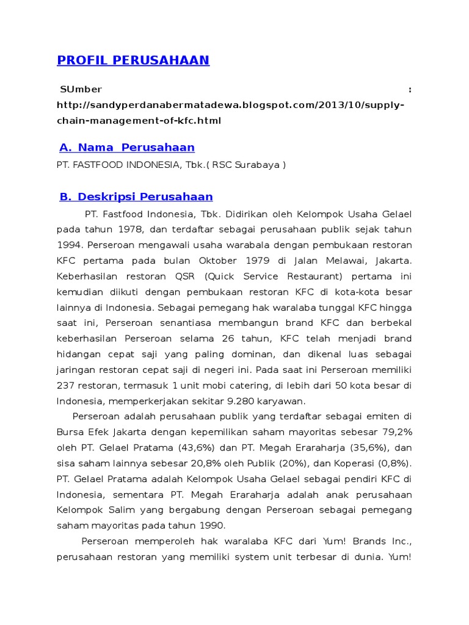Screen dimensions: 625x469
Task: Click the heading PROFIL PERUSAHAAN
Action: (x=133, y=60)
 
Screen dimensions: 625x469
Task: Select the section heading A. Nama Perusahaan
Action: (x=127, y=147)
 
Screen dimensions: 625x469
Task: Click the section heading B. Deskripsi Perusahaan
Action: (x=136, y=197)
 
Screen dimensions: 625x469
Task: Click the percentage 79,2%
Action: (x=396, y=432)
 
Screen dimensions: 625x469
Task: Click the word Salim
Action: (x=119, y=510)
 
